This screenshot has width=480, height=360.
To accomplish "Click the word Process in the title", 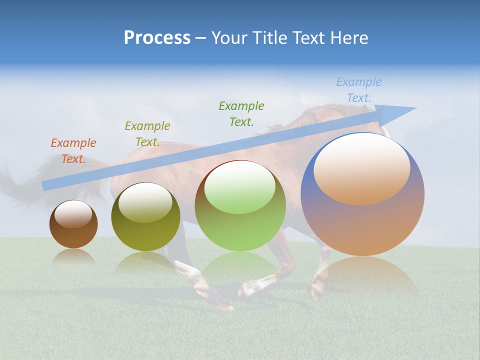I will pyautogui.click(x=157, y=38).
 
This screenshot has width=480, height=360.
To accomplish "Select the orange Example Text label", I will pyautogui.click(x=73, y=151).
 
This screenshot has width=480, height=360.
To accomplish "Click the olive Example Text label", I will pyautogui.click(x=147, y=134).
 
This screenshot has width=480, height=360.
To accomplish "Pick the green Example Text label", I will pyautogui.click(x=241, y=114).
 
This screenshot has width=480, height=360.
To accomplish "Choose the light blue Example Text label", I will pyautogui.click(x=359, y=90).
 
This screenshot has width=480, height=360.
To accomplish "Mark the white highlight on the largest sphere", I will pyautogui.click(x=361, y=167).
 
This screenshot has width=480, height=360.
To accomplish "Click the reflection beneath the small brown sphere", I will pyautogui.click(x=73, y=256).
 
